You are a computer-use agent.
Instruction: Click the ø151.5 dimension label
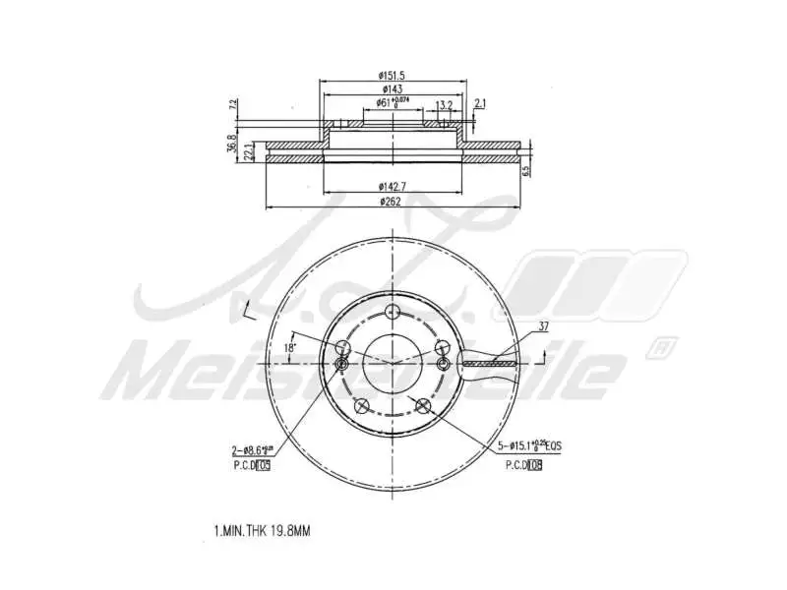pyautogui.click(x=393, y=75)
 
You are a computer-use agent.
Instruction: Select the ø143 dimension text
pyautogui.click(x=393, y=88)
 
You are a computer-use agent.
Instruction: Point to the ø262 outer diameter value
pyautogui.click(x=393, y=203)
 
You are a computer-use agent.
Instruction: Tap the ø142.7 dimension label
pyautogui.click(x=393, y=186)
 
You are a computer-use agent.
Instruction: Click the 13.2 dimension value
pyautogui.click(x=444, y=104)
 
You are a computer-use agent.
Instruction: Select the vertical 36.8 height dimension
pyautogui.click(x=233, y=144)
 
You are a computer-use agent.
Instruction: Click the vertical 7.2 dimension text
pyautogui.click(x=233, y=104)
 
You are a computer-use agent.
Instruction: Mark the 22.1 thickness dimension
pyautogui.click(x=249, y=151)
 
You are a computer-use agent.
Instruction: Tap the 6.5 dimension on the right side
pyautogui.click(x=527, y=169)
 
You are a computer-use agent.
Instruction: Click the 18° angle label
pyautogui.click(x=289, y=348)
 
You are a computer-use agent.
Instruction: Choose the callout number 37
pyautogui.click(x=544, y=326)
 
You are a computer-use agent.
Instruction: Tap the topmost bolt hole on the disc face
pyautogui.click(x=393, y=313)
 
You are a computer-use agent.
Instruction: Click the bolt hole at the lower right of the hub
pyautogui.click(x=425, y=404)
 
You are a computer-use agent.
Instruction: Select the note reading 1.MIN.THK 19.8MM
pyautogui.click(x=262, y=531)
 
